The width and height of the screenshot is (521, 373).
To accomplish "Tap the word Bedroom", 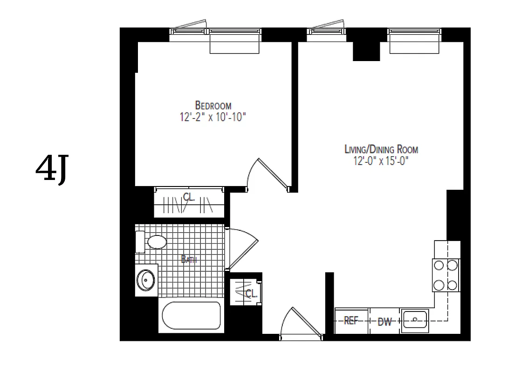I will coord(213,105).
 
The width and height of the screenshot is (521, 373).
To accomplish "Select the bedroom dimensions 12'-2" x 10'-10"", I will coord(213,117).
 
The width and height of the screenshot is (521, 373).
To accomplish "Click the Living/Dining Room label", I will coord(381,150).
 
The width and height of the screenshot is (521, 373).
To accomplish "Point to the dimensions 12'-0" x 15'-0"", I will coord(381,161).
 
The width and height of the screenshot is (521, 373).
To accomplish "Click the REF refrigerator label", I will coord(350,321).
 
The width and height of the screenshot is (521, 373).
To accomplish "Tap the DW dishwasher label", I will coord(384,321).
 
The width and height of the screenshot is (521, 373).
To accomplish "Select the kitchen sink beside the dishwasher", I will coord(415,320).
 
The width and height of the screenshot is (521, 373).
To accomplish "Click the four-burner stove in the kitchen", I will coord(446,275).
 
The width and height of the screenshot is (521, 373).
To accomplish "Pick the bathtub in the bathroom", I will coord(191,317).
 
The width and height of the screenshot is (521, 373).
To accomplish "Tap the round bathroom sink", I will coord(146,281).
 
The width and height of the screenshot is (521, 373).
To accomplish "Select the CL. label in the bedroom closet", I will coord(189,198).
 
